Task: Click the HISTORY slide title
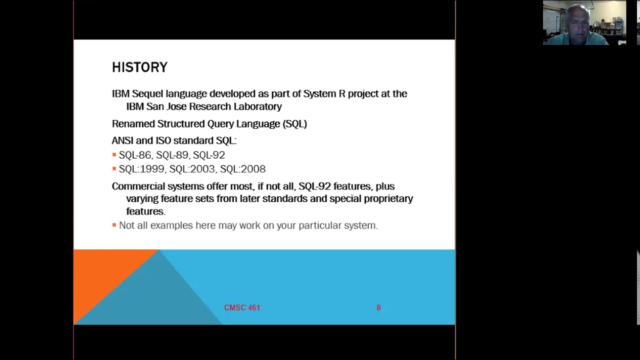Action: pos(139,67)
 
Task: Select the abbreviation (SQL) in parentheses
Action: pos(294,124)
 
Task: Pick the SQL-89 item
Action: pos(172,155)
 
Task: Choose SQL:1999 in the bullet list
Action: pos(141,169)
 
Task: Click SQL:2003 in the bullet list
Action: pos(192,169)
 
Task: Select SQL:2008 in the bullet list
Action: pos(242,169)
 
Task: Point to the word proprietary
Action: pos(388,199)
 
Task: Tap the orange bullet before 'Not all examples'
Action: pos(114,225)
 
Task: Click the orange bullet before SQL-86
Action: pos(114,155)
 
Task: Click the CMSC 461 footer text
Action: pos(242,308)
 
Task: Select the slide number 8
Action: pos(378,308)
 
